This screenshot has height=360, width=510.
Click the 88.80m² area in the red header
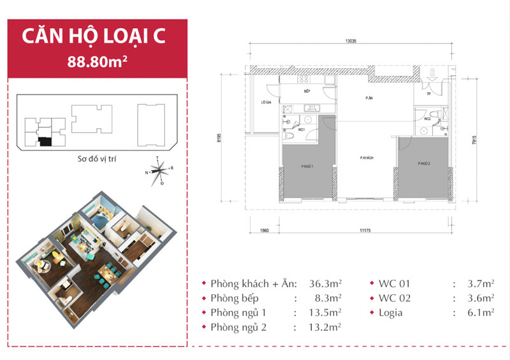96,62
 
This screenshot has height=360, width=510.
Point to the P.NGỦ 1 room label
309,166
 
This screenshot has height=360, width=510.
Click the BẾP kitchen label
307,92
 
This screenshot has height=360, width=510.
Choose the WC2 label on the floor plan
427,119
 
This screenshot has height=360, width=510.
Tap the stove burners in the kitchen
304,80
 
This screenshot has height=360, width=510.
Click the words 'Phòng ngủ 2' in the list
239,328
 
